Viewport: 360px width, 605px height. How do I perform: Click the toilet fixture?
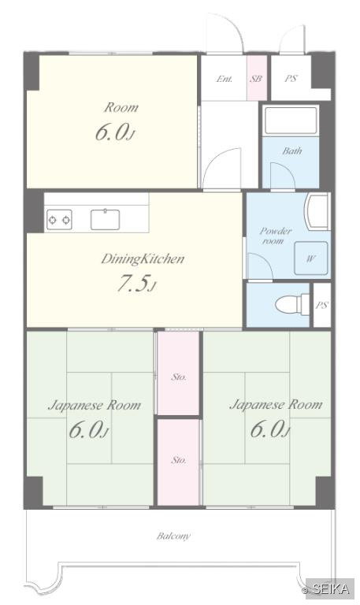(292, 304)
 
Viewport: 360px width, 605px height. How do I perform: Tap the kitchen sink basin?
(105, 220)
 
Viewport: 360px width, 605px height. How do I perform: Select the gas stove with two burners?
(59, 220)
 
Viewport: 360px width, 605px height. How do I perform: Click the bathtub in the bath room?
(291, 120)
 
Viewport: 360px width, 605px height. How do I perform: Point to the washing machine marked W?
(311, 258)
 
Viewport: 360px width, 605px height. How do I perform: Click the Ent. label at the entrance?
(225, 79)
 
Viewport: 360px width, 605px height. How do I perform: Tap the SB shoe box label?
(256, 79)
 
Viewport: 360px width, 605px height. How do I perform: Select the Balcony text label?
(173, 536)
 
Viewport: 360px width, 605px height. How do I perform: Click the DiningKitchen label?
(143, 259)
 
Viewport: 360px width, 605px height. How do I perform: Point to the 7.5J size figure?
(135, 284)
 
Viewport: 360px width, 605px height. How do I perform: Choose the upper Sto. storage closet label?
(179, 377)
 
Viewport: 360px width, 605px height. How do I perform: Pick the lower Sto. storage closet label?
(179, 460)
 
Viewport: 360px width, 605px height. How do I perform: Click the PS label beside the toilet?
(322, 305)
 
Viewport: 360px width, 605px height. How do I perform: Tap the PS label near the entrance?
(291, 78)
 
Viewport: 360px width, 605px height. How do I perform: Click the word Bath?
(292, 151)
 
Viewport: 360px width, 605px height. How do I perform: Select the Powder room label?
(275, 236)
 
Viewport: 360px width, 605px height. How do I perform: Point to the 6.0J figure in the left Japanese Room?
(89, 430)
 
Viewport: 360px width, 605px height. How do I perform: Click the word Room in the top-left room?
(121, 107)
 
